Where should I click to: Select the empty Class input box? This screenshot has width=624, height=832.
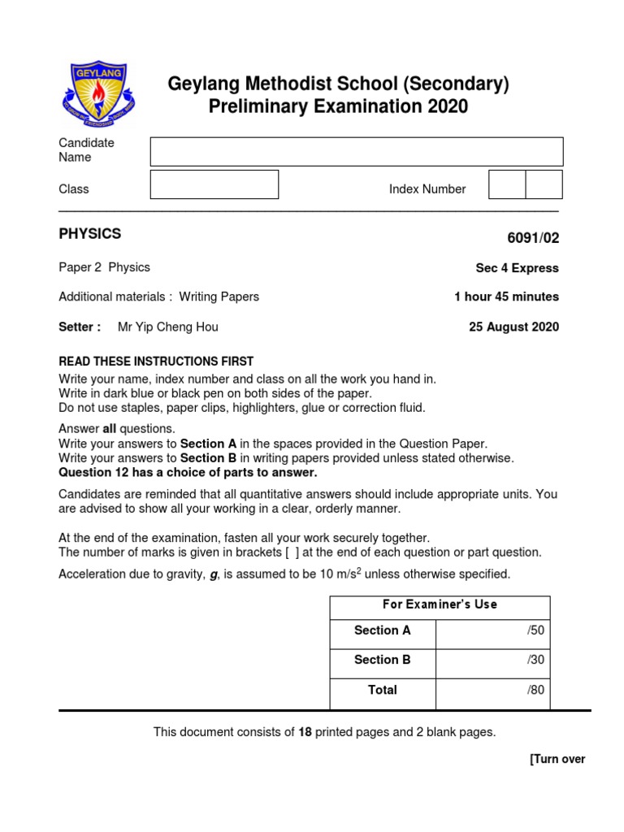tap(214, 184)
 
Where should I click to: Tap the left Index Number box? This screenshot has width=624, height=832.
tap(507, 184)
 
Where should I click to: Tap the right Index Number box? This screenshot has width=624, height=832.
tap(544, 184)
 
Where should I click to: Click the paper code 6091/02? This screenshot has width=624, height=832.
tap(533, 238)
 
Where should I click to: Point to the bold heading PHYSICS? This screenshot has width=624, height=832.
tap(90, 234)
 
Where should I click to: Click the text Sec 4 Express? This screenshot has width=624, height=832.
tap(517, 268)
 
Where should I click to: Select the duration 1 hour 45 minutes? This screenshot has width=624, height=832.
tap(506, 297)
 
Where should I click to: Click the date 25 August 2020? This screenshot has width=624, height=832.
tap(513, 327)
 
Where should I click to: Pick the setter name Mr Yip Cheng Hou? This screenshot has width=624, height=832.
tap(168, 327)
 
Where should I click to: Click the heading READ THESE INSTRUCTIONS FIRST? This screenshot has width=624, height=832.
tap(156, 361)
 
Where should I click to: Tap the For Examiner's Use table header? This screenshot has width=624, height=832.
tap(440, 604)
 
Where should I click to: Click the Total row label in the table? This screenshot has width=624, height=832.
tap(383, 690)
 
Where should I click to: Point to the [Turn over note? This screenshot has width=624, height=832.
tap(557, 760)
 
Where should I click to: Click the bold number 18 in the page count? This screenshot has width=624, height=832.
tap(305, 732)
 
